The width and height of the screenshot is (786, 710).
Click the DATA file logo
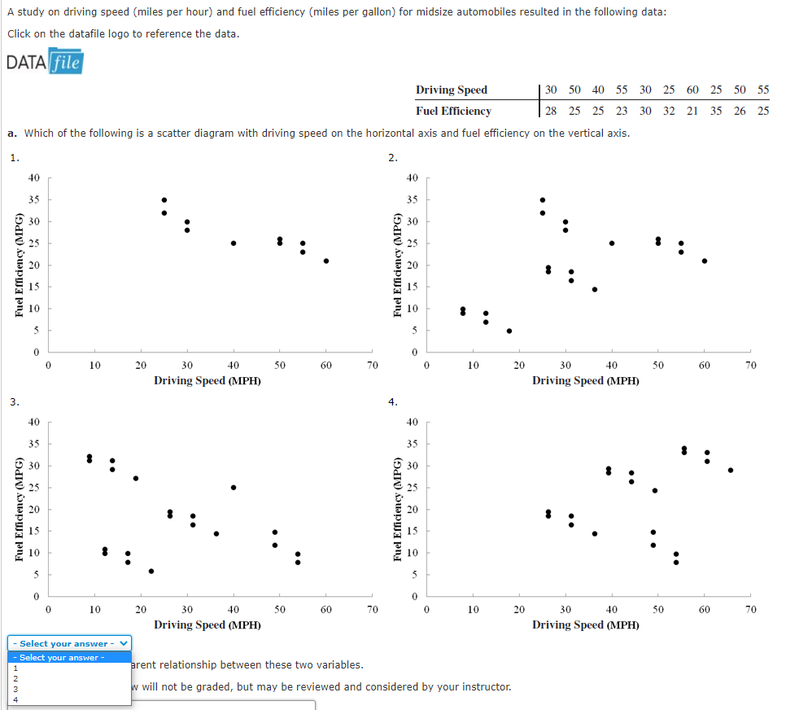tap(45, 62)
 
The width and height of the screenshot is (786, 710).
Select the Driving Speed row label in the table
tap(452, 90)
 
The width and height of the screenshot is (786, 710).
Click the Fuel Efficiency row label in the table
tap(453, 111)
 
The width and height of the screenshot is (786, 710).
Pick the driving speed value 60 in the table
tap(692, 90)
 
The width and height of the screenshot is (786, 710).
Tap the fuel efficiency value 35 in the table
tap(716, 111)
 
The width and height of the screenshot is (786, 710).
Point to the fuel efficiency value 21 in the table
tap(692, 111)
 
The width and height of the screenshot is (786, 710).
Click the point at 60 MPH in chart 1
tap(326, 261)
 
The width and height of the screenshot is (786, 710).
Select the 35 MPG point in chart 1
tap(164, 199)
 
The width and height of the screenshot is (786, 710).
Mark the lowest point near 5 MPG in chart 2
tap(509, 331)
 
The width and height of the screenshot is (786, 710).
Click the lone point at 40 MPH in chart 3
tap(234, 488)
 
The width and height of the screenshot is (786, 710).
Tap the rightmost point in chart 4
tap(731, 470)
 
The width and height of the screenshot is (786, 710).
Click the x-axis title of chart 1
tap(207, 380)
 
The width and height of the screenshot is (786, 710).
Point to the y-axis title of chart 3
tap(18, 510)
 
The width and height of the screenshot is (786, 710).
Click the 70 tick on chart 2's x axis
tap(750, 366)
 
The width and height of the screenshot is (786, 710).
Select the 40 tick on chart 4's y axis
tap(412, 422)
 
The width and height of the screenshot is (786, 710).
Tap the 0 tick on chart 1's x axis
tap(48, 366)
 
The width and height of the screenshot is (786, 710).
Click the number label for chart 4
tap(392, 401)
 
